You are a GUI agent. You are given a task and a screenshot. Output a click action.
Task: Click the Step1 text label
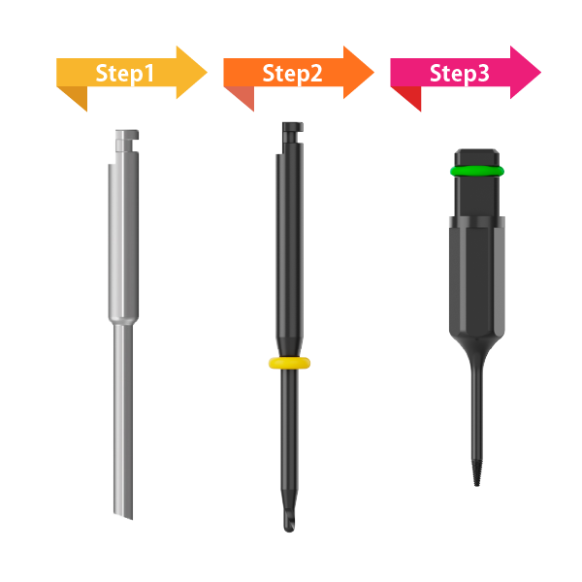pyautogui.click(x=125, y=74)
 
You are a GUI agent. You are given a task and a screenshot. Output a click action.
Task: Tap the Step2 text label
pyautogui.click(x=292, y=74)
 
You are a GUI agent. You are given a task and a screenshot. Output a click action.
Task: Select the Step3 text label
pyautogui.click(x=459, y=74)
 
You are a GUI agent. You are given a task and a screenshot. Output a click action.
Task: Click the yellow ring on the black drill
pyautogui.click(x=290, y=364)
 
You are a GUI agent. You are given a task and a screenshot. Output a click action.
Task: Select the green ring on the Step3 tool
pyautogui.click(x=477, y=172)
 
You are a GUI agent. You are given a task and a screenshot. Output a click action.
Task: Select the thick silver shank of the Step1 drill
pyautogui.click(x=120, y=242)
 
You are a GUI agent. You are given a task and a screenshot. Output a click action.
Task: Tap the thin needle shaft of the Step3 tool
pyautogui.click(x=478, y=407)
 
